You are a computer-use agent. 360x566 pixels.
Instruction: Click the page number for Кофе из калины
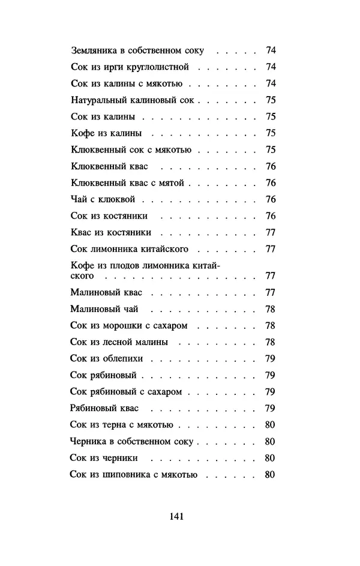(x=270, y=133)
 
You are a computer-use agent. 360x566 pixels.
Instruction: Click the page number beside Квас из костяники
(x=270, y=232)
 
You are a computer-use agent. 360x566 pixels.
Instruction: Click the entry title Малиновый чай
(x=104, y=309)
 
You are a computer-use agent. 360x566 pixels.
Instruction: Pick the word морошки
(x=119, y=326)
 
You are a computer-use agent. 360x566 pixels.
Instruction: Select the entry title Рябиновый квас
(x=104, y=408)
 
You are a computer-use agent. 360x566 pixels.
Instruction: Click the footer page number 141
(x=176, y=516)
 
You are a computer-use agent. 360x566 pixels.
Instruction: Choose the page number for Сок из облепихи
(x=270, y=359)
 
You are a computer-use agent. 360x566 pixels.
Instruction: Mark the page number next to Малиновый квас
(x=270, y=293)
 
